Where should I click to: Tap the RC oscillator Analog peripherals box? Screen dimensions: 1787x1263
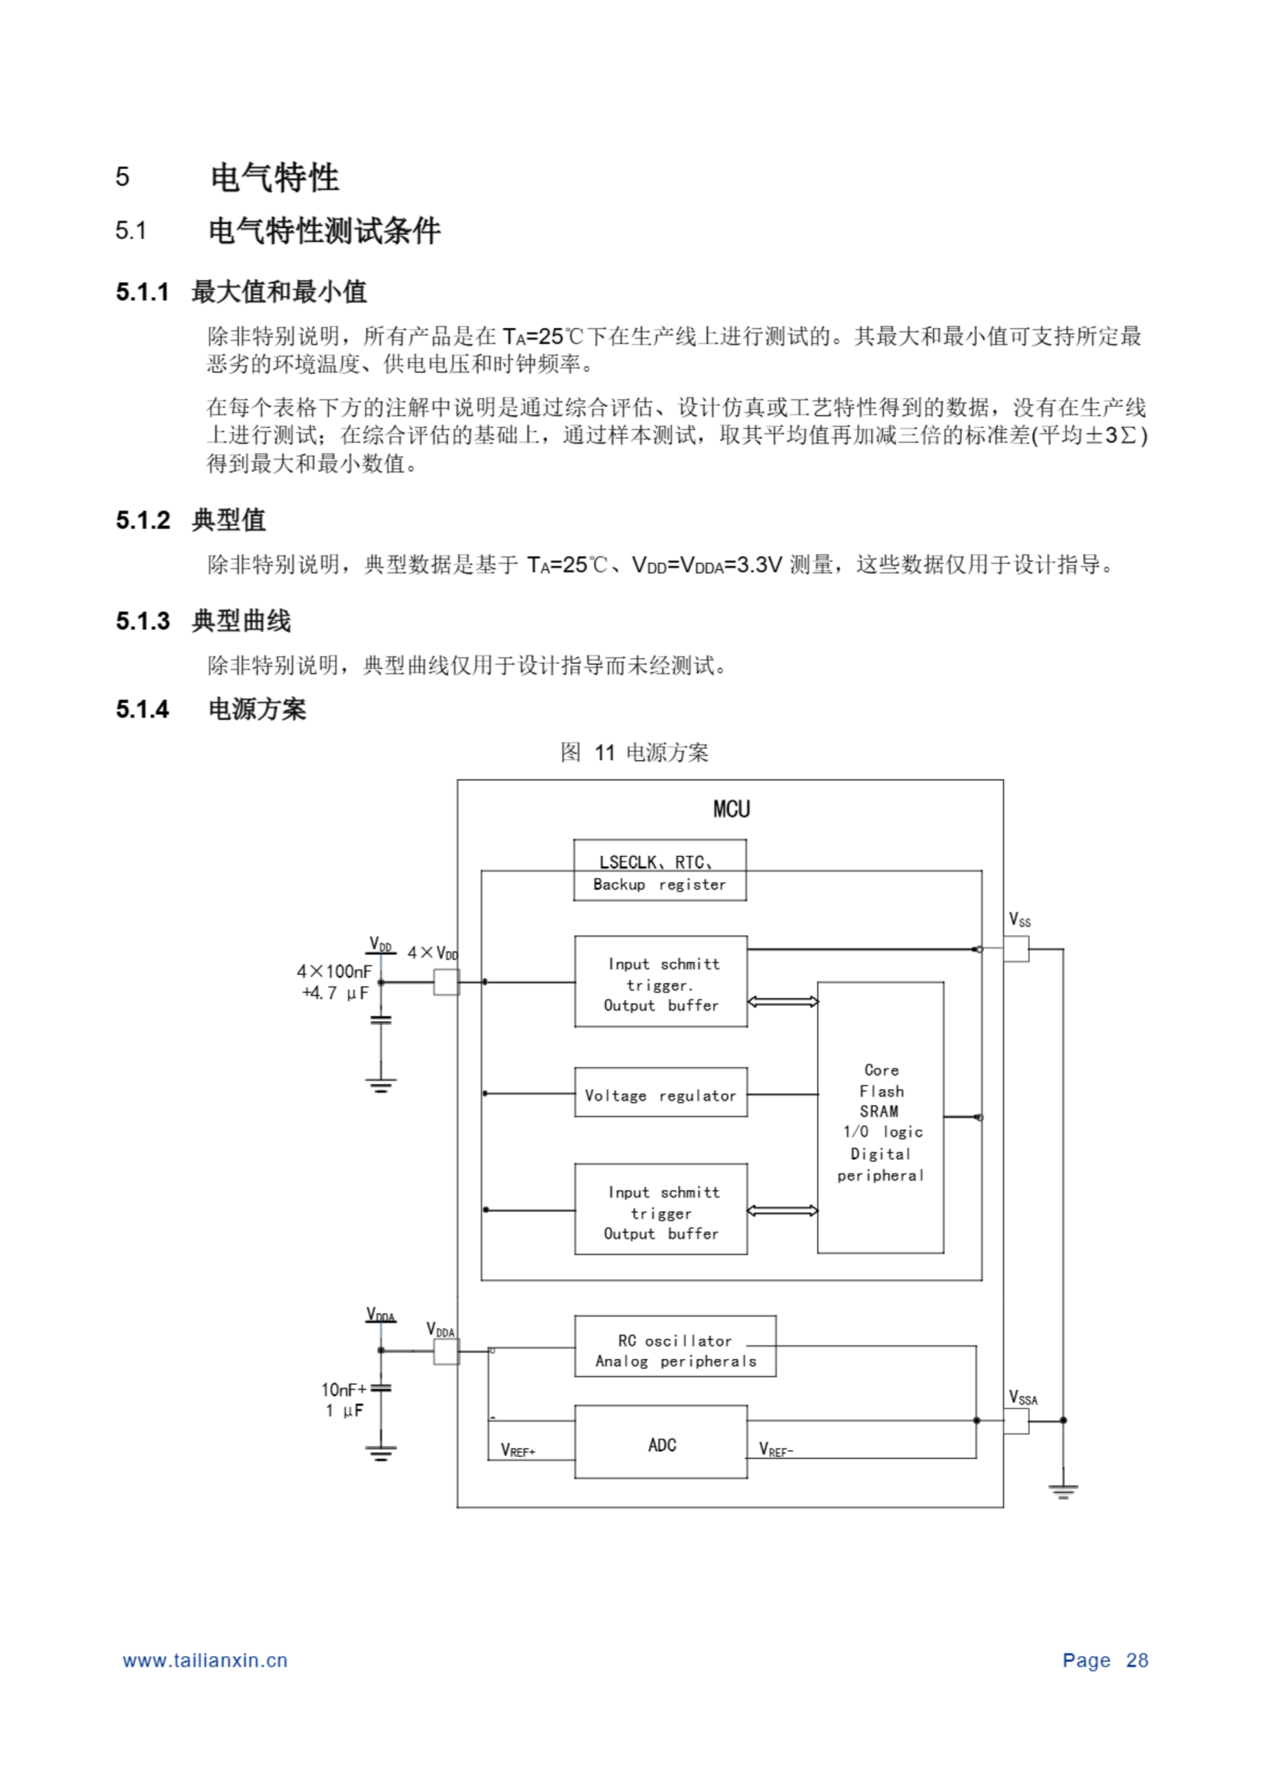(x=675, y=1350)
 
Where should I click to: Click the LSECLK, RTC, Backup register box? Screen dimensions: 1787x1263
(x=659, y=871)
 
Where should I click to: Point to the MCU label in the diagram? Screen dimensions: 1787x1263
(x=731, y=810)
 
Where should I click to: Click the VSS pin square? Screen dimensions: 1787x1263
(x=1015, y=949)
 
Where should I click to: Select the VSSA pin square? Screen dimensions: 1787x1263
(x=1015, y=1421)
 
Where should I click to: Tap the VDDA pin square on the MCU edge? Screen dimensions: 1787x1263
(x=446, y=1351)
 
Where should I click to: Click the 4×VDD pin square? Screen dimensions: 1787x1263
(x=446, y=982)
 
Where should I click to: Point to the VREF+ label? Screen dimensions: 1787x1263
(x=518, y=1450)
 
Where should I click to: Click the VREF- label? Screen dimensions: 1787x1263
(x=776, y=1450)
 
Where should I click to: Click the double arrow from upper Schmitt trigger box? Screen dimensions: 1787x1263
(x=782, y=1002)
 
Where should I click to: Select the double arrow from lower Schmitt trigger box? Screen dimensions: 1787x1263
(x=782, y=1210)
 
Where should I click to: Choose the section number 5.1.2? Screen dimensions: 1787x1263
(x=143, y=520)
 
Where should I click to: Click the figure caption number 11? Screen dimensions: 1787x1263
(x=605, y=752)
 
